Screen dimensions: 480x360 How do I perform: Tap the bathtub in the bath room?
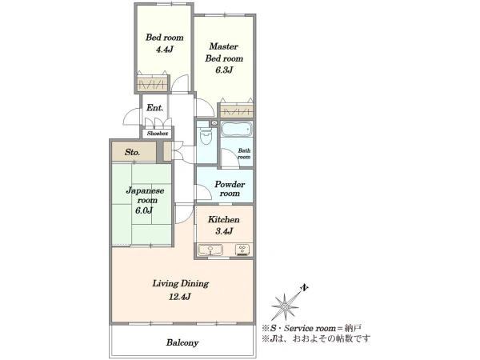(236, 129)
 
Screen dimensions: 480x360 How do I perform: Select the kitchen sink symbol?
(210, 250)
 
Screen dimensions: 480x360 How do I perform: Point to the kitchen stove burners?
(242, 250)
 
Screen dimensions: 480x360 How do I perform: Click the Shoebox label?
(158, 134)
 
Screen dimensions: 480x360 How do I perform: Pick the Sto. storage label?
(132, 152)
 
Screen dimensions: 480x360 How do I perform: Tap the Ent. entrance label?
(154, 108)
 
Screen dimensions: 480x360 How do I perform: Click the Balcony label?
(182, 342)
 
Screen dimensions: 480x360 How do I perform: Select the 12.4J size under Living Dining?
(180, 296)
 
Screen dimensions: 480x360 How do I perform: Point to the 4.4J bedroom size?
(165, 49)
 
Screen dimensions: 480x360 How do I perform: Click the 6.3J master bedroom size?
(224, 70)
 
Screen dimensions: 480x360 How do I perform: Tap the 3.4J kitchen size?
(224, 231)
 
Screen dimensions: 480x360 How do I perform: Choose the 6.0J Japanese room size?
(144, 210)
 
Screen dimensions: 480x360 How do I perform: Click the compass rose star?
(285, 306)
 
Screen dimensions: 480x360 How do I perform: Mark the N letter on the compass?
(304, 288)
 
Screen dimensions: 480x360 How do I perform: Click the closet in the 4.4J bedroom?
(152, 83)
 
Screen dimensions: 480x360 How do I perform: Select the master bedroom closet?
(237, 111)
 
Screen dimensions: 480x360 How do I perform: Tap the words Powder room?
(230, 189)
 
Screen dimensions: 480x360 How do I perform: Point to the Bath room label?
(244, 154)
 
